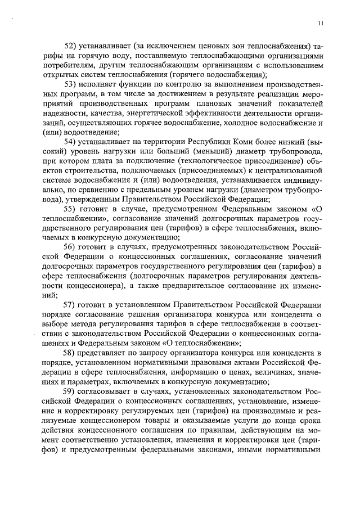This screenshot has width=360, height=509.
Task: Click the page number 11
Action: pyautogui.click(x=320, y=23)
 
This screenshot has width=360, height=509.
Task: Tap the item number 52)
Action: pyautogui.click(x=73, y=46)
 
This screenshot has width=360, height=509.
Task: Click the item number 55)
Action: pyautogui.click(x=73, y=208)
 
